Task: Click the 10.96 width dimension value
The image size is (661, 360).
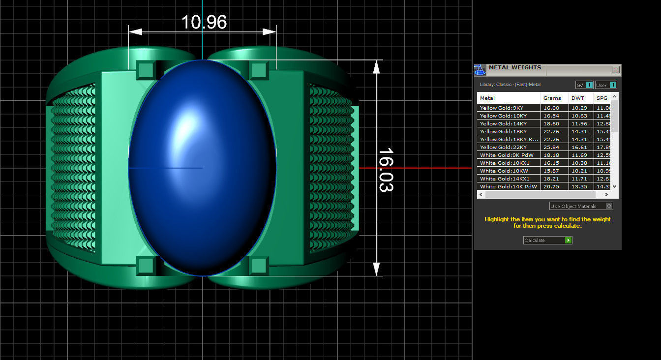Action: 204,22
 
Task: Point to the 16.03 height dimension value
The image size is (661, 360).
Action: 386,170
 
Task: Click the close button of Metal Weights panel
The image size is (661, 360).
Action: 616,70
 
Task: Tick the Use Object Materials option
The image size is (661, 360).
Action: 609,206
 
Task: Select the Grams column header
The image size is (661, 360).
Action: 552,98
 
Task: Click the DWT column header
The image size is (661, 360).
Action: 578,98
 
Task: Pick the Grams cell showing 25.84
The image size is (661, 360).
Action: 551,147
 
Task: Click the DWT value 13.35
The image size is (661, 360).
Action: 578,186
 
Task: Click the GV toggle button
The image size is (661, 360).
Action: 584,85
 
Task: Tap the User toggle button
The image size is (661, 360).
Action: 606,85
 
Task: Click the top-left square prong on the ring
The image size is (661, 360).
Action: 146,70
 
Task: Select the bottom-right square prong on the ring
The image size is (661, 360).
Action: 258,266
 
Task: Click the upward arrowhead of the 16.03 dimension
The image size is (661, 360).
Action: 377,67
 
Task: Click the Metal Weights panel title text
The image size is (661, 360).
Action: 514,68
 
